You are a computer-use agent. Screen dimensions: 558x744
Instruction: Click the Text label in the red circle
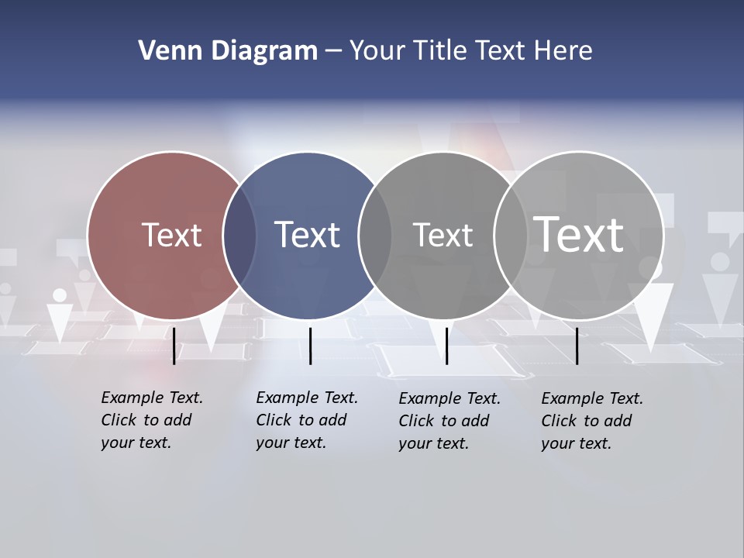(x=171, y=235)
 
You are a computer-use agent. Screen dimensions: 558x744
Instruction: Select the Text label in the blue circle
(x=308, y=235)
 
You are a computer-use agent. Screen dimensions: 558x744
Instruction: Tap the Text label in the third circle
(x=443, y=235)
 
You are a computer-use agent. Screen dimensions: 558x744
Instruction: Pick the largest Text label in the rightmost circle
(x=579, y=234)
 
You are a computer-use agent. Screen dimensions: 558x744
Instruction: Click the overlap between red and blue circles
(x=239, y=236)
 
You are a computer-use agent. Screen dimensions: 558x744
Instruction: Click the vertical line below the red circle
(x=174, y=346)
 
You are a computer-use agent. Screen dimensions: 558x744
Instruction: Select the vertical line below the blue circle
(x=310, y=346)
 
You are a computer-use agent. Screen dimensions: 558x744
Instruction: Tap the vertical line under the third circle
(x=446, y=346)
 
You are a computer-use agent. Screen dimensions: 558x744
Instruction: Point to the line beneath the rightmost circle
(x=577, y=346)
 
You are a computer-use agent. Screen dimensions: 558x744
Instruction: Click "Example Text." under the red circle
(x=152, y=398)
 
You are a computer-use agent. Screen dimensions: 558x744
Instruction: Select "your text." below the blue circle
(x=291, y=443)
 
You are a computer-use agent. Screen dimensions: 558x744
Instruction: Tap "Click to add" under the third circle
(x=444, y=421)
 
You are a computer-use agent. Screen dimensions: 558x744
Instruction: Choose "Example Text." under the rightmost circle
(x=592, y=398)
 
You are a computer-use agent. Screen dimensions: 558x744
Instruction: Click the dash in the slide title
(x=333, y=51)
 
